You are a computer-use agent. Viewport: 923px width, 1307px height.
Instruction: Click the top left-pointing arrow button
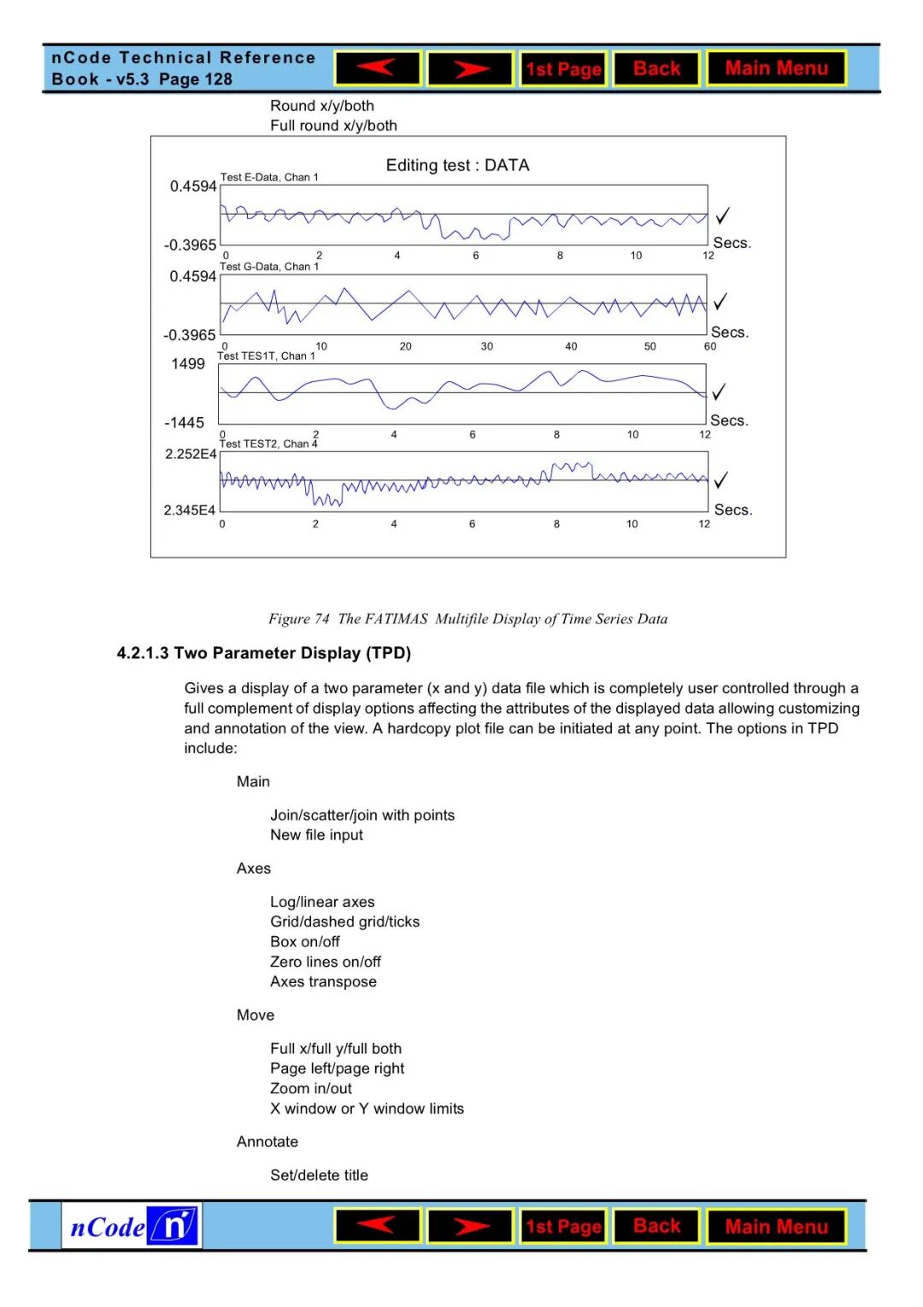point(378,68)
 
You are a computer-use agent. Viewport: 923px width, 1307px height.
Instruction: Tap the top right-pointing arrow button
point(470,68)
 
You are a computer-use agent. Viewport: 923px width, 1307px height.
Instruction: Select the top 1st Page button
point(563,68)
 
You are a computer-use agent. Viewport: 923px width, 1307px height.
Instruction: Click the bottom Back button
point(656,1226)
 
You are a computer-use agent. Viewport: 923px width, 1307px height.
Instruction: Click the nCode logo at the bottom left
point(132,1226)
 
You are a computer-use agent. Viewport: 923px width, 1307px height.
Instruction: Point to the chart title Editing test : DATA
point(457,165)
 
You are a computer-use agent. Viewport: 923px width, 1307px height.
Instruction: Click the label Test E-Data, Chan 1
point(269,177)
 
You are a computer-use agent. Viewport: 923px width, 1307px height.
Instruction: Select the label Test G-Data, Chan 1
point(269,267)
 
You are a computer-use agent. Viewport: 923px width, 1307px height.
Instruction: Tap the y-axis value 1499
point(188,364)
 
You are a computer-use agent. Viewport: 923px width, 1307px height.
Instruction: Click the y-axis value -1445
point(185,423)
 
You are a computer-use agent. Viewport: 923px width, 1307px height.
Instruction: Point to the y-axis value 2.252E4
point(191,454)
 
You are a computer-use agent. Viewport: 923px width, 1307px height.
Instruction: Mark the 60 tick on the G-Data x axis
point(710,346)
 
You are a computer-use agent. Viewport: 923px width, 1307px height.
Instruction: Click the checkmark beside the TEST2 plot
point(721,480)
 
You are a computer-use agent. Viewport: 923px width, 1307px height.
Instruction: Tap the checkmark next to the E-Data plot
point(723,215)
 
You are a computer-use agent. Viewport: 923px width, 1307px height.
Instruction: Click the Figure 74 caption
point(467,619)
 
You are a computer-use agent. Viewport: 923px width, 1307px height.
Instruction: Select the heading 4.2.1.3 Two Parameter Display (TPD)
point(264,653)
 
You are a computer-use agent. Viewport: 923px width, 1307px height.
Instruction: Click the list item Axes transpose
point(323,981)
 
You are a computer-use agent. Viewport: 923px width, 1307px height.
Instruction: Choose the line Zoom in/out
point(311,1088)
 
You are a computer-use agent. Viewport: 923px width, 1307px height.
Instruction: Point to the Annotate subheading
point(267,1141)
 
